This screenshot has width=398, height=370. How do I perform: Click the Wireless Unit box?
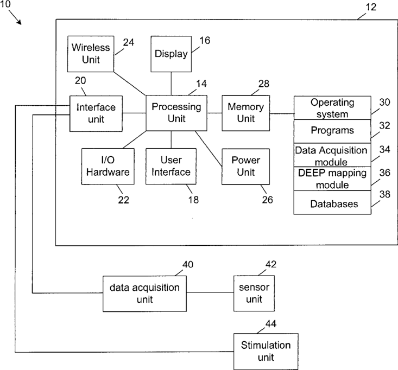[91, 53]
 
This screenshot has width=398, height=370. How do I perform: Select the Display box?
[170, 54]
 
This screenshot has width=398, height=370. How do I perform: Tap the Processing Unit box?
[176, 113]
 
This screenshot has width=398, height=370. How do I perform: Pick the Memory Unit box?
[245, 113]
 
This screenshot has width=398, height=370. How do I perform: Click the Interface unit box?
[96, 113]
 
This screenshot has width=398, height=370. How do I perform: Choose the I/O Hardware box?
[107, 167]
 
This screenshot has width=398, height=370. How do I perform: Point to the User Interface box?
[171, 167]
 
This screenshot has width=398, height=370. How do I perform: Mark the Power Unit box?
[245, 167]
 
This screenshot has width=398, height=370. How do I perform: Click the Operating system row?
[332, 108]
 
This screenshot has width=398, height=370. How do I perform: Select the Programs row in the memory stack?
[332, 131]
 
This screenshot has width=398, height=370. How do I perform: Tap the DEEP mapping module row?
[332, 178]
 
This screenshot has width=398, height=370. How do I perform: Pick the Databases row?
[332, 203]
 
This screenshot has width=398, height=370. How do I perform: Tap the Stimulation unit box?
[265, 351]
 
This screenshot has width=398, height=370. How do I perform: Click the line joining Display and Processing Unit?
[171, 84]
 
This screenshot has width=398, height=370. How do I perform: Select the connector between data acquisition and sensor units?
[210, 294]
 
